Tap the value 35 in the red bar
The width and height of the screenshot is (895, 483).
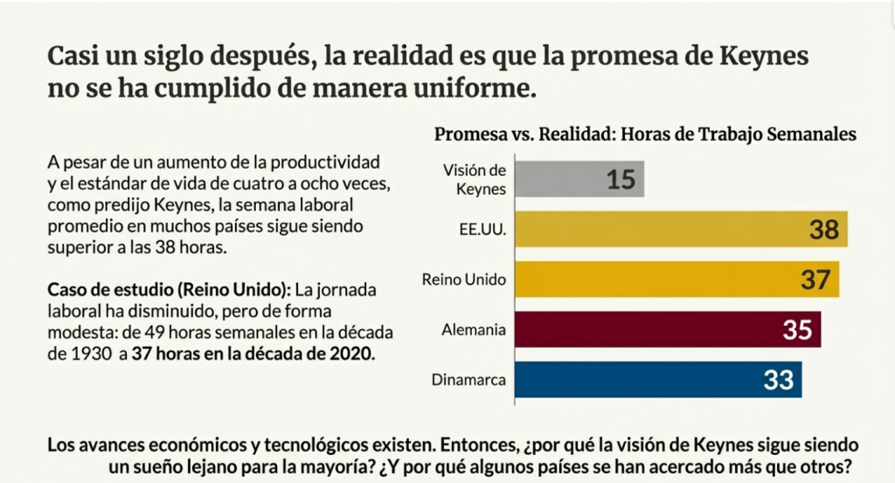[x=796, y=330]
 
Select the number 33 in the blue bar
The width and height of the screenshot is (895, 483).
[x=777, y=380]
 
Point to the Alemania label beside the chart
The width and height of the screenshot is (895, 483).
[x=478, y=330]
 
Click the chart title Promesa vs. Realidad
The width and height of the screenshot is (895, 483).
[x=645, y=134]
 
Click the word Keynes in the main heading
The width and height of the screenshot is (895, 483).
[x=761, y=57]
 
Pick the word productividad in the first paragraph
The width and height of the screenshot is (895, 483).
[x=336, y=163]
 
